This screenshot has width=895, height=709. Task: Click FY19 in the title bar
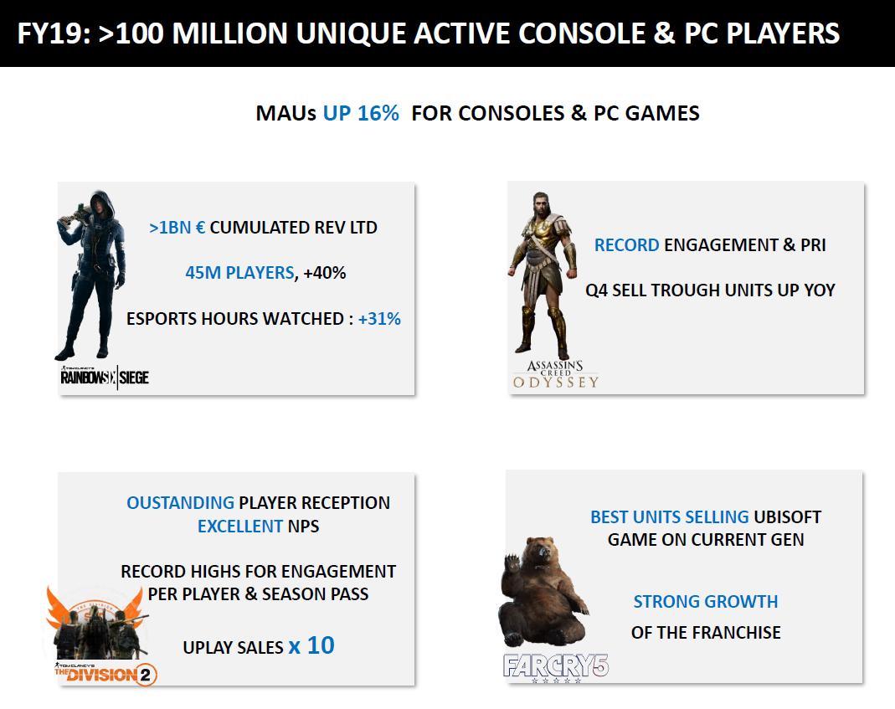point(54,33)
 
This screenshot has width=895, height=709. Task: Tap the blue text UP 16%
point(361,113)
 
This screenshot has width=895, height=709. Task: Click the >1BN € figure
point(177,227)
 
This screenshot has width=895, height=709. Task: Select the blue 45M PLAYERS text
point(239,273)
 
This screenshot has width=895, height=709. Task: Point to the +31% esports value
point(379,319)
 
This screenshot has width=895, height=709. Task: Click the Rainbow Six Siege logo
point(105,377)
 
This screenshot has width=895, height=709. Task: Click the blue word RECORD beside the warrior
point(627,245)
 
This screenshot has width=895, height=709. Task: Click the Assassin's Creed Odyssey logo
point(555,374)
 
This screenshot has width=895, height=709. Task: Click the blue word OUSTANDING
point(180,503)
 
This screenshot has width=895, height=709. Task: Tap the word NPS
point(303,526)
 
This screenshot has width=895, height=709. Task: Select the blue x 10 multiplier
point(311,645)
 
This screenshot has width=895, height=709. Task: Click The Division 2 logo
point(105,674)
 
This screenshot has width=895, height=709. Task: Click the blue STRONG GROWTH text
point(706,602)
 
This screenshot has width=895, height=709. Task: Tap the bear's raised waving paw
point(512,562)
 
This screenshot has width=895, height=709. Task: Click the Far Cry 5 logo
point(556,667)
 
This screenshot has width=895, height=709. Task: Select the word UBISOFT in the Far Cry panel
point(788,516)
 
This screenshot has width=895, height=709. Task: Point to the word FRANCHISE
point(742,633)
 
